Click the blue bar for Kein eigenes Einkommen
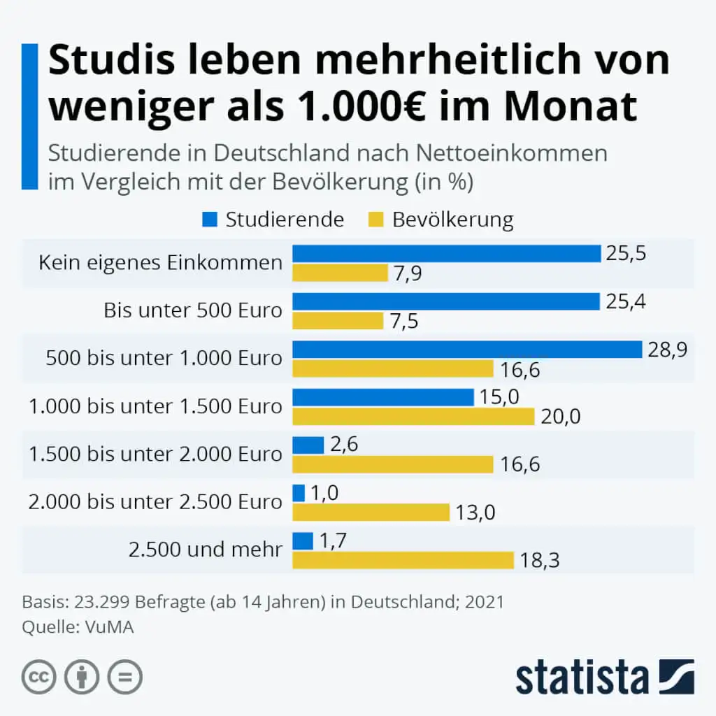446,253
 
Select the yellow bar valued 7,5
338,320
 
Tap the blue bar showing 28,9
466,349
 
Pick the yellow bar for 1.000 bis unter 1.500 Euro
413,417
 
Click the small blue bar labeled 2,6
308,445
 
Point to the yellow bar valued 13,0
371,513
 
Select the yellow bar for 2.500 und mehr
403,560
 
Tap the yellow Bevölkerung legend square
376,220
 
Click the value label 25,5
626,253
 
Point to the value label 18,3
540,560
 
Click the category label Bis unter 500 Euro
193,310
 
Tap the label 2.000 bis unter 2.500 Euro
155,502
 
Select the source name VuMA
110,627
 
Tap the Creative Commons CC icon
38,677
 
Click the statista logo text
582,677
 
